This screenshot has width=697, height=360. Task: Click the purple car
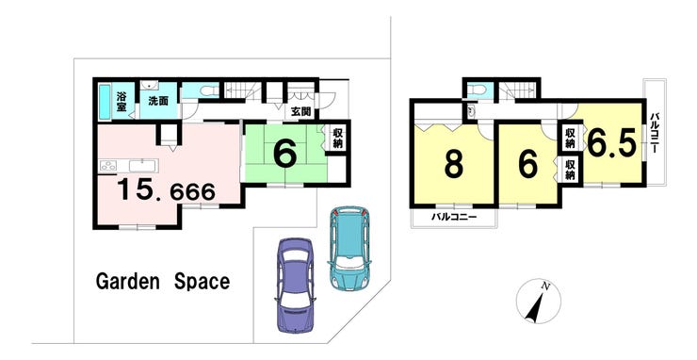(295, 286)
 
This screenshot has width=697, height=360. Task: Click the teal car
(349, 248)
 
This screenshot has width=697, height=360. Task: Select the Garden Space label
(163, 281)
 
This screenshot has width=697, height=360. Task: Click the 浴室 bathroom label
(122, 102)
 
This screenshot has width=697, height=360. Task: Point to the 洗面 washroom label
(158, 101)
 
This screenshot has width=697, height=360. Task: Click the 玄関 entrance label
(301, 112)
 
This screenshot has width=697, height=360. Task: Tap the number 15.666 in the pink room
(167, 191)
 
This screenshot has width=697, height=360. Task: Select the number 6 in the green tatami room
(284, 154)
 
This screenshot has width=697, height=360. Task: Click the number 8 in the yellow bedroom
(453, 164)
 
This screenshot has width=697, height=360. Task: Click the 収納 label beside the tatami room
(337, 138)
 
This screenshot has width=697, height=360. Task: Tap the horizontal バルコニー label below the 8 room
(453, 218)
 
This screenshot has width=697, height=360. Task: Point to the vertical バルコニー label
(655, 134)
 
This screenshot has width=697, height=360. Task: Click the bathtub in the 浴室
(104, 103)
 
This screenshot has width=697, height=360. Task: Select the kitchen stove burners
(108, 166)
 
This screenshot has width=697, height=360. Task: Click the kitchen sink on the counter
(142, 166)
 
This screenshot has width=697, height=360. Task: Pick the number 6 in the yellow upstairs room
(527, 165)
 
